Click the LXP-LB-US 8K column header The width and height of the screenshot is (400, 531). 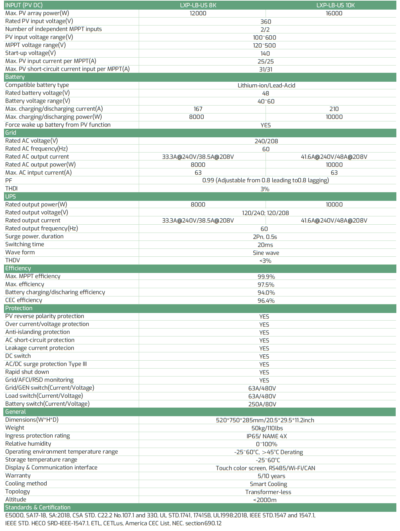point(198,5)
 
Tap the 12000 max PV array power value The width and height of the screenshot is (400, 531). point(198,13)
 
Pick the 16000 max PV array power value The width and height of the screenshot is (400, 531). point(334,13)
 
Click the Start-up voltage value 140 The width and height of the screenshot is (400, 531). point(265,54)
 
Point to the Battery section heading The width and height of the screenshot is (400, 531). point(15,77)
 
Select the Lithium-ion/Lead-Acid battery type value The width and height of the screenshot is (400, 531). point(266,85)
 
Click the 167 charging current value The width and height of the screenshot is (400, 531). point(198,109)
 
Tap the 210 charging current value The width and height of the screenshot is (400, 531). point(334,109)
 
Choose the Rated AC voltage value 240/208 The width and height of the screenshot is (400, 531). point(266,141)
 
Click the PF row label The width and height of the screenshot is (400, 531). point(9,181)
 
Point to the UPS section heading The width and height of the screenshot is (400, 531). point(11,197)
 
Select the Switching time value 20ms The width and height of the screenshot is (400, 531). point(265,245)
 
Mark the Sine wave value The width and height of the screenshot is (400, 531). point(266,253)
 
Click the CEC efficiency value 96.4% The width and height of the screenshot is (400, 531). point(266,301)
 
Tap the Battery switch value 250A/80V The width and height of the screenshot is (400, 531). point(262,404)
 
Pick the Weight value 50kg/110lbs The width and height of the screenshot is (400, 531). point(267,428)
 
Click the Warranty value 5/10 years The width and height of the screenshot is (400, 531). point(272,476)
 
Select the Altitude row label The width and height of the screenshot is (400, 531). point(16,500)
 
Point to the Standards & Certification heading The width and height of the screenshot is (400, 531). point(38,508)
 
